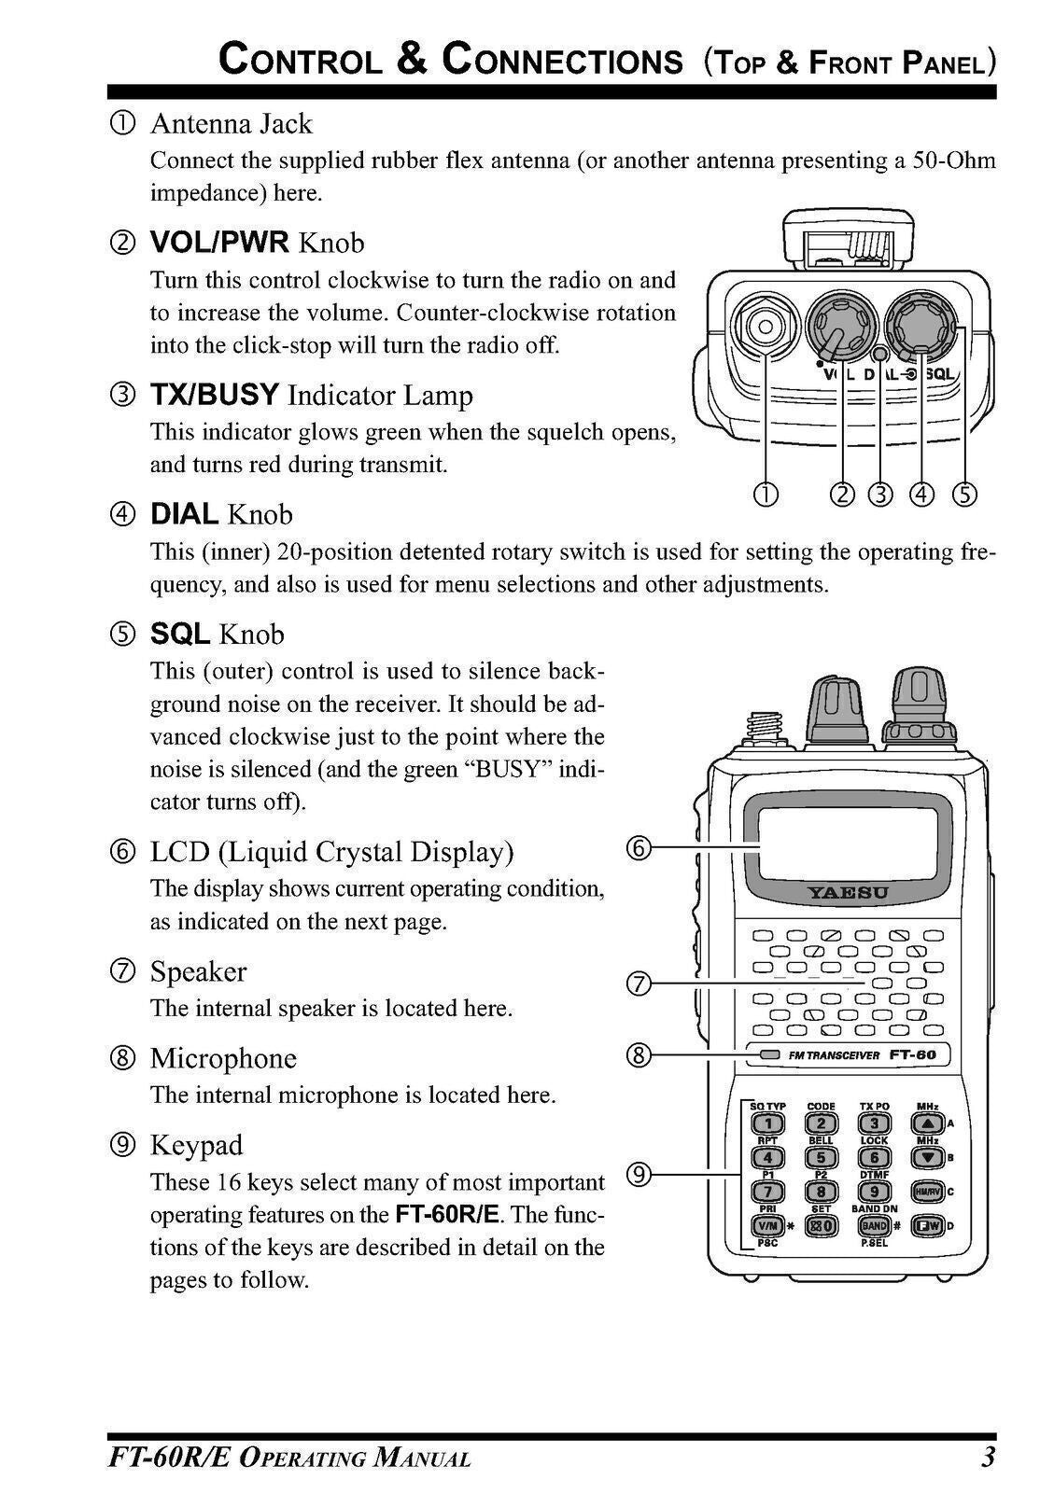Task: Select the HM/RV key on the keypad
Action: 925,1192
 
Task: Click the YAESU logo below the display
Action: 848,893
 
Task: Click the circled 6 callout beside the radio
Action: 637,848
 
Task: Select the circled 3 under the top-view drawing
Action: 879,494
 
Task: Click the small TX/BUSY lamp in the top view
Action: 878,354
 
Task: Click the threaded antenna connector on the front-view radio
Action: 763,725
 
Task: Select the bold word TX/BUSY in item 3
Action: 215,395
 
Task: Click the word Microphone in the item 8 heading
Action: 223,1058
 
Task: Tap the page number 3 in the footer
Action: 987,1457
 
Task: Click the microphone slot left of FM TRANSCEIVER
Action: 769,1054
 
